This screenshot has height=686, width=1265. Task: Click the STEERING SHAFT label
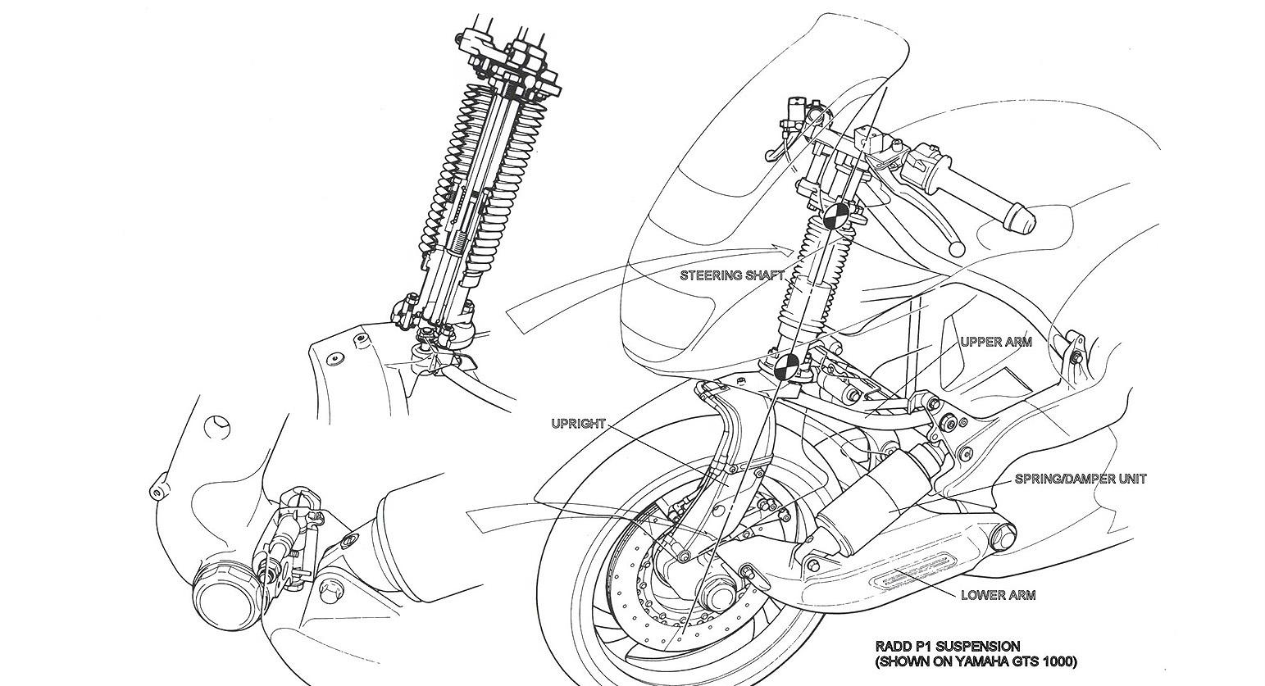pos(732,275)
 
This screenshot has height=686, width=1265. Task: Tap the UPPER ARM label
pos(996,342)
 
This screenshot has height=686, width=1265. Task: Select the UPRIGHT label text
pos(578,424)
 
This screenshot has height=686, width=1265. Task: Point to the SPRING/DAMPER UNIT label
pos(1081,479)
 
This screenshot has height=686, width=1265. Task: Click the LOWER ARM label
pos(998,595)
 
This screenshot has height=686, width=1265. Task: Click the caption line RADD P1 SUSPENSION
pos(948,646)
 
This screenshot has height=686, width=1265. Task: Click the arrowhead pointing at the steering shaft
pos(786,248)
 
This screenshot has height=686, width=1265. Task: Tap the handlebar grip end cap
pos(1022,219)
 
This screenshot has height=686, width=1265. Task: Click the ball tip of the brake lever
pos(956,249)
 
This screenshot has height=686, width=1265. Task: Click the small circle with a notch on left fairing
pos(217,427)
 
